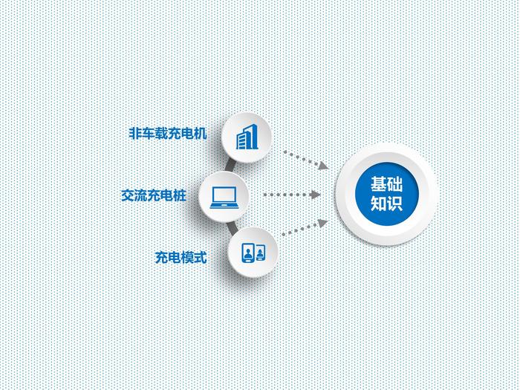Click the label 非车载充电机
tap(168, 133)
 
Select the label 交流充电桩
tap(154, 195)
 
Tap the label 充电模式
tap(181, 257)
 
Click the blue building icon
tap(247, 137)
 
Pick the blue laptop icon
tap(224, 198)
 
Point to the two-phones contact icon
tap(254, 253)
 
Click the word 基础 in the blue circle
tap(387, 184)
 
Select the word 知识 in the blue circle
tap(387, 204)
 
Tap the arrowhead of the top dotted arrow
tap(323, 166)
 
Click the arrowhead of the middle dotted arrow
tap(315, 195)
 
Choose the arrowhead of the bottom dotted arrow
tap(323, 223)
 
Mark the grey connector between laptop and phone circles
tap(232, 227)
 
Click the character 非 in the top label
tap(135, 133)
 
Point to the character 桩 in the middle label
tap(180, 195)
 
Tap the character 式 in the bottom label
tap(201, 257)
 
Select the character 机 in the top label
tap(201, 133)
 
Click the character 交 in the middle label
tap(128, 195)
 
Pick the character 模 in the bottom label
tap(187, 257)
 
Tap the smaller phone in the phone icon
tap(261, 253)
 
